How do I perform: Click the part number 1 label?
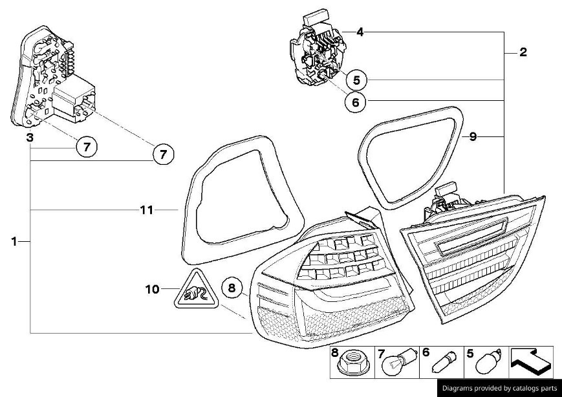point(14,241)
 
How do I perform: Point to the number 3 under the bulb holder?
point(30,138)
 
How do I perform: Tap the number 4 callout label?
point(360,32)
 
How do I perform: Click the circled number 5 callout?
point(356,80)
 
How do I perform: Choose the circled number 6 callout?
point(356,102)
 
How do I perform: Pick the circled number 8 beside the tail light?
point(233,288)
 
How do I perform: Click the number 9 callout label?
point(473,136)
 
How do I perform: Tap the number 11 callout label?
point(147,209)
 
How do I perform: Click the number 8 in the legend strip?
point(334,353)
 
